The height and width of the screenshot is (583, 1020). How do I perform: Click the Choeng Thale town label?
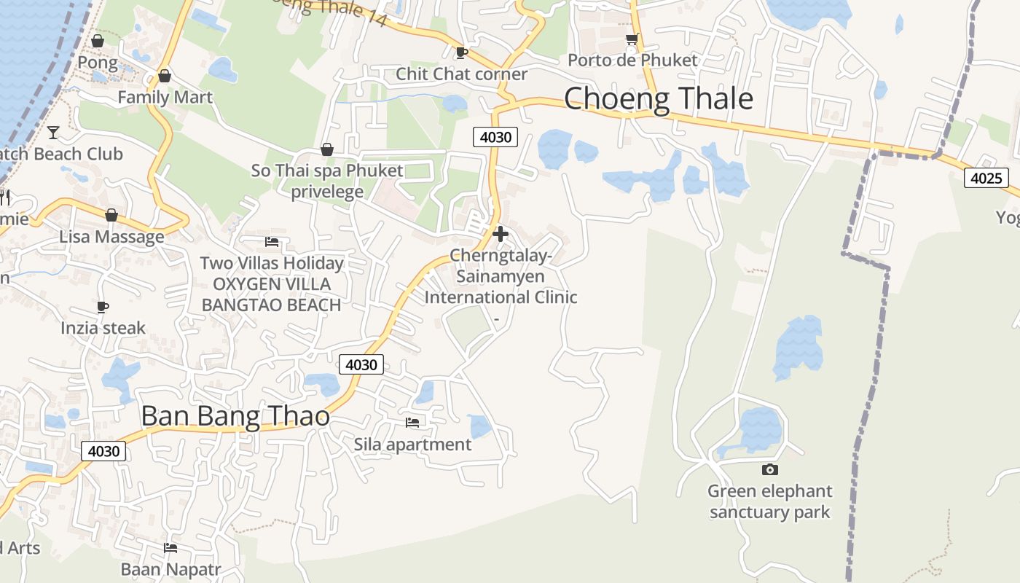(x=658, y=98)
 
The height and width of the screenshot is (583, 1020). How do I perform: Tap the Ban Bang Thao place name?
(x=235, y=416)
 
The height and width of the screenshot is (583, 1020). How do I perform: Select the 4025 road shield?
(x=986, y=178)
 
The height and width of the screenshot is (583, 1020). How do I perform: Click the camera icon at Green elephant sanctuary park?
(x=769, y=470)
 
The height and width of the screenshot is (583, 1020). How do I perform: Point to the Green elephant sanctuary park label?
(x=769, y=501)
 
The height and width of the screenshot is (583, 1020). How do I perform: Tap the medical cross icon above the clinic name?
(x=501, y=234)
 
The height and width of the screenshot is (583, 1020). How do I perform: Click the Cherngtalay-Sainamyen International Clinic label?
(x=501, y=277)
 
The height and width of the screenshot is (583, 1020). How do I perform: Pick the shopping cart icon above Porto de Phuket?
(x=632, y=39)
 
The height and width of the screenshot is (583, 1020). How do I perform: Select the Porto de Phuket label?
(x=632, y=60)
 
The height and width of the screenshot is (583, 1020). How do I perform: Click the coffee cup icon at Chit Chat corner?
(x=460, y=52)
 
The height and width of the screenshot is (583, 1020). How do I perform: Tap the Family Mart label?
(x=165, y=97)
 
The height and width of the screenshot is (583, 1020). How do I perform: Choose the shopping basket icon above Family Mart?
(x=165, y=76)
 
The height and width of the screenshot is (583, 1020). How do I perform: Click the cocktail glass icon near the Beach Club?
(x=53, y=132)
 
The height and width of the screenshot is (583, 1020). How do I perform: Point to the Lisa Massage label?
(x=111, y=237)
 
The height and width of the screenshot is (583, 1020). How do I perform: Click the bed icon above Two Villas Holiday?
(x=272, y=241)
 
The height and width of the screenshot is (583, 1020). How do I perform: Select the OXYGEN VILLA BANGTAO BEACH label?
(x=271, y=294)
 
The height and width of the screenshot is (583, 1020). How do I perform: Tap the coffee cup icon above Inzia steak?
(x=103, y=307)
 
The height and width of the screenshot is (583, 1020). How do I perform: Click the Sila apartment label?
(x=412, y=444)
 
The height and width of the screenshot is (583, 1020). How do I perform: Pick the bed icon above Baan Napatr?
(x=170, y=547)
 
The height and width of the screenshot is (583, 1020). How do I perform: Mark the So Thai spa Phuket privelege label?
(x=327, y=181)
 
